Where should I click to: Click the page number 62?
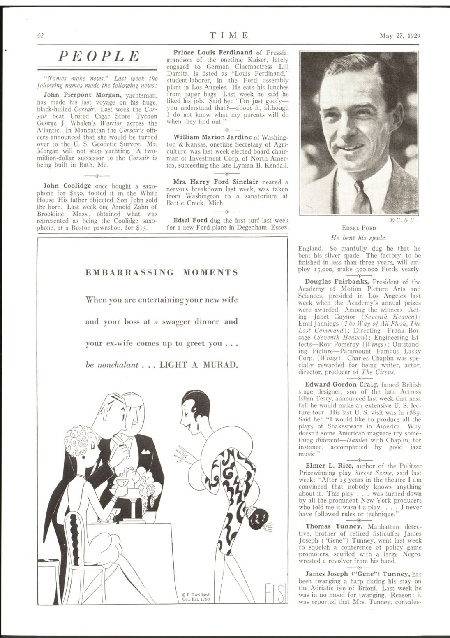(x=40, y=35)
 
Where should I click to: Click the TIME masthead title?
(x=229, y=35)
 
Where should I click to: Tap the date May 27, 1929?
(x=400, y=35)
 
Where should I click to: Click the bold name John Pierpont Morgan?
(x=82, y=95)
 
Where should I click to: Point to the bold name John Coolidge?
(x=67, y=186)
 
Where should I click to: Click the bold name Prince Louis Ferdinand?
(x=213, y=53)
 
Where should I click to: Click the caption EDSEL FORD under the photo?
(x=359, y=228)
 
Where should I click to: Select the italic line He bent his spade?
(x=359, y=238)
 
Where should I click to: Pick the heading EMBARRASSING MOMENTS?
(x=162, y=272)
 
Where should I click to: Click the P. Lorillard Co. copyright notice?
(x=196, y=596)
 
